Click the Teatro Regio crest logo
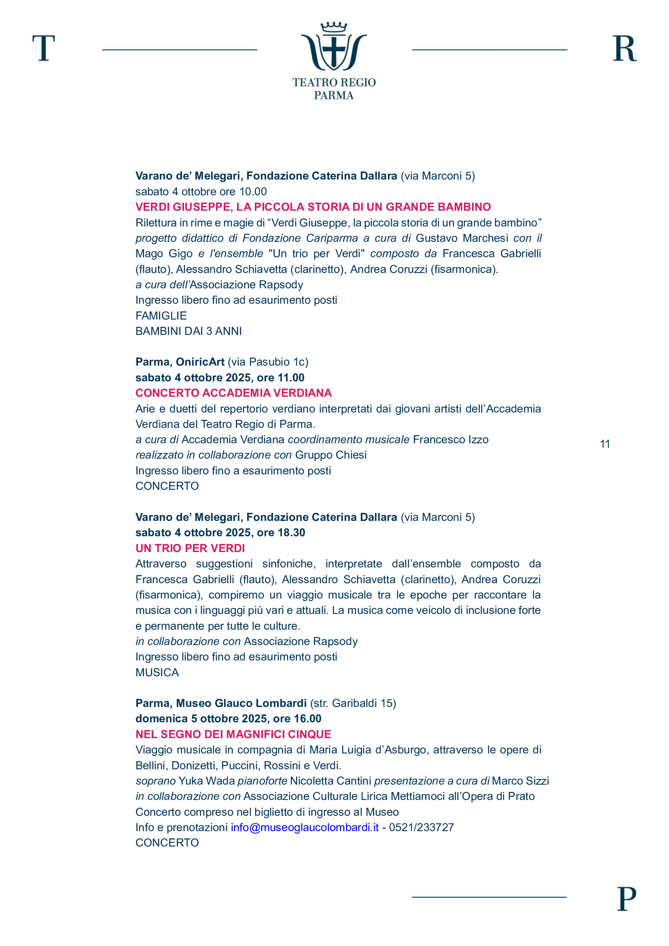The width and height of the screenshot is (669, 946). (334, 47)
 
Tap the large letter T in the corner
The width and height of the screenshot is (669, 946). (44, 48)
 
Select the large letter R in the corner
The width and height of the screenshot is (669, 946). (624, 49)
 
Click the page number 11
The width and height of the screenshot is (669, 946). (605, 444)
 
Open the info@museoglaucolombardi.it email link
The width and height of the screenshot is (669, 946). (305, 827)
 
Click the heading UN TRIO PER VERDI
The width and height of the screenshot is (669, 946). (190, 548)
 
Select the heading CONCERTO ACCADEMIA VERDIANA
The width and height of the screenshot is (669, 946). (233, 393)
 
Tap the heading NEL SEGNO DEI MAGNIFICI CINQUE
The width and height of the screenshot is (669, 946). (233, 734)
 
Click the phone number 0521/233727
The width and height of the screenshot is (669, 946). (421, 827)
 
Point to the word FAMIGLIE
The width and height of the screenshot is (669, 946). (161, 315)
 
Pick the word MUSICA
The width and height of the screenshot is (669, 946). (157, 673)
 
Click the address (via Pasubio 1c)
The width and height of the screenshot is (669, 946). (268, 362)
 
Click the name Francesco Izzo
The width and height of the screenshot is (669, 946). (451, 439)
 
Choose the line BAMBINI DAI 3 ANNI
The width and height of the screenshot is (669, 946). (188, 331)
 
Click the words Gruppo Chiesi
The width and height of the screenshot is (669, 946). (331, 455)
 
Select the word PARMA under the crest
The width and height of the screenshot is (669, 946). (334, 95)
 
